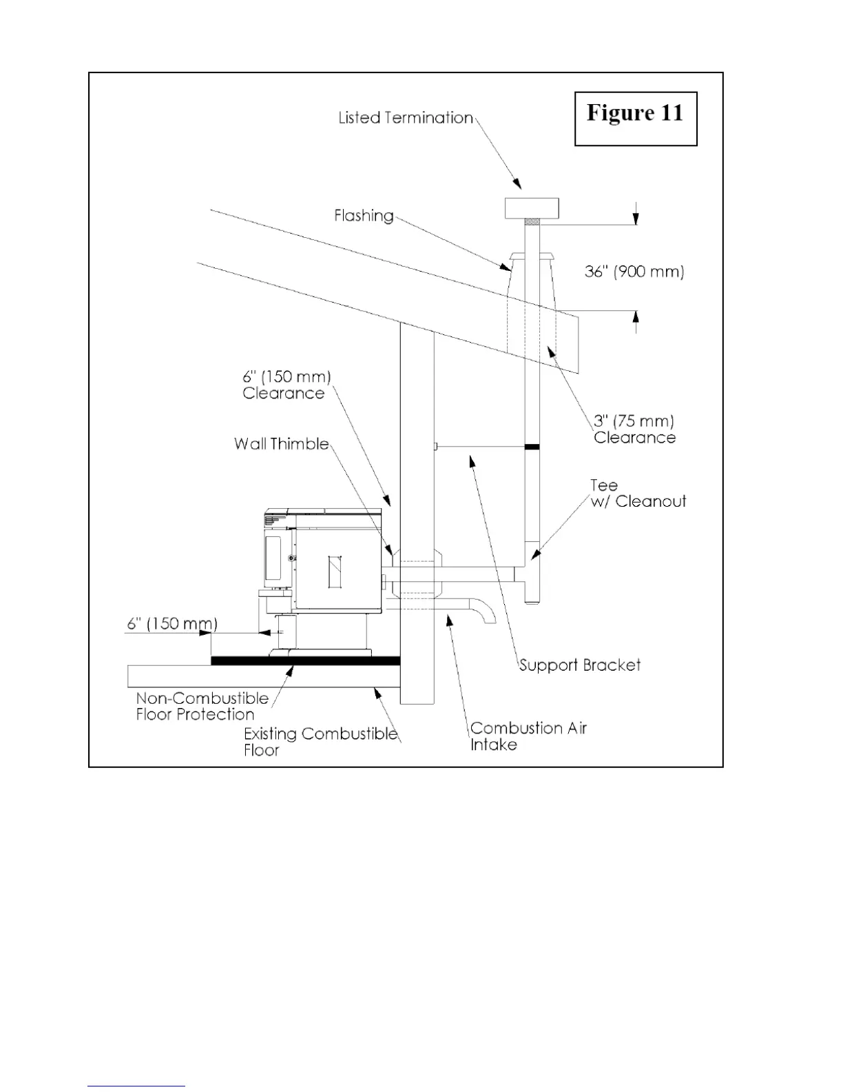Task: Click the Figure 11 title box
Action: pos(635,118)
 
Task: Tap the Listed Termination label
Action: pos(406,118)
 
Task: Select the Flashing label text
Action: pos(364,216)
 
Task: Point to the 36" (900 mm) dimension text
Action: pos(634,272)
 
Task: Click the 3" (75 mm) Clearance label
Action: pos(634,429)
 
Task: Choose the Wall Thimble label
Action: pos(281,444)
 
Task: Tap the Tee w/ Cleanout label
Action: pos(638,494)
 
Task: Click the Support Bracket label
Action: pos(579,665)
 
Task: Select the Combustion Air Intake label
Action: pos(528,736)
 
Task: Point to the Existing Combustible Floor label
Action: pos(320,742)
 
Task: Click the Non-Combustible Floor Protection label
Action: pos(202,707)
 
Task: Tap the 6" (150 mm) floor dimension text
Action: pos(172,624)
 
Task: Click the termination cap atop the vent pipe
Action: pos(532,208)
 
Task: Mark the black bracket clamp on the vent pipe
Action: pos(532,447)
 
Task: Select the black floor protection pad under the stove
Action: pos(305,660)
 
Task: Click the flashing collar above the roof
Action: pos(532,259)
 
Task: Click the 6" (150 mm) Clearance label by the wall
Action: pos(287,385)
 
